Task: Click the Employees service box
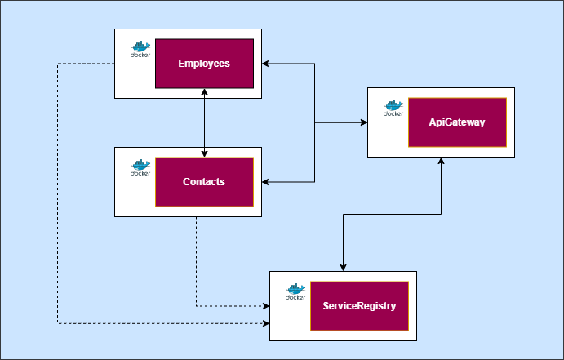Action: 204,64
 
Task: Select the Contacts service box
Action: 204,182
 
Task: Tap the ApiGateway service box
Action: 457,122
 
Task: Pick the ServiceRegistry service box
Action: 359,306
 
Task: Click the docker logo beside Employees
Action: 140,50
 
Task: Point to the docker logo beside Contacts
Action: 140,168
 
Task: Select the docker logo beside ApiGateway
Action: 393,109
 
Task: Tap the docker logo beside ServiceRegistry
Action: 295,292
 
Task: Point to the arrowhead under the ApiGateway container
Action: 441,162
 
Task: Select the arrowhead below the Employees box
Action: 204,93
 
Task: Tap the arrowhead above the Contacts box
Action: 204,152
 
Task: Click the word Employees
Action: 204,64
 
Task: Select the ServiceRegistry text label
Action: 359,306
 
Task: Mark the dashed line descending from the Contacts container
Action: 196,261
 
